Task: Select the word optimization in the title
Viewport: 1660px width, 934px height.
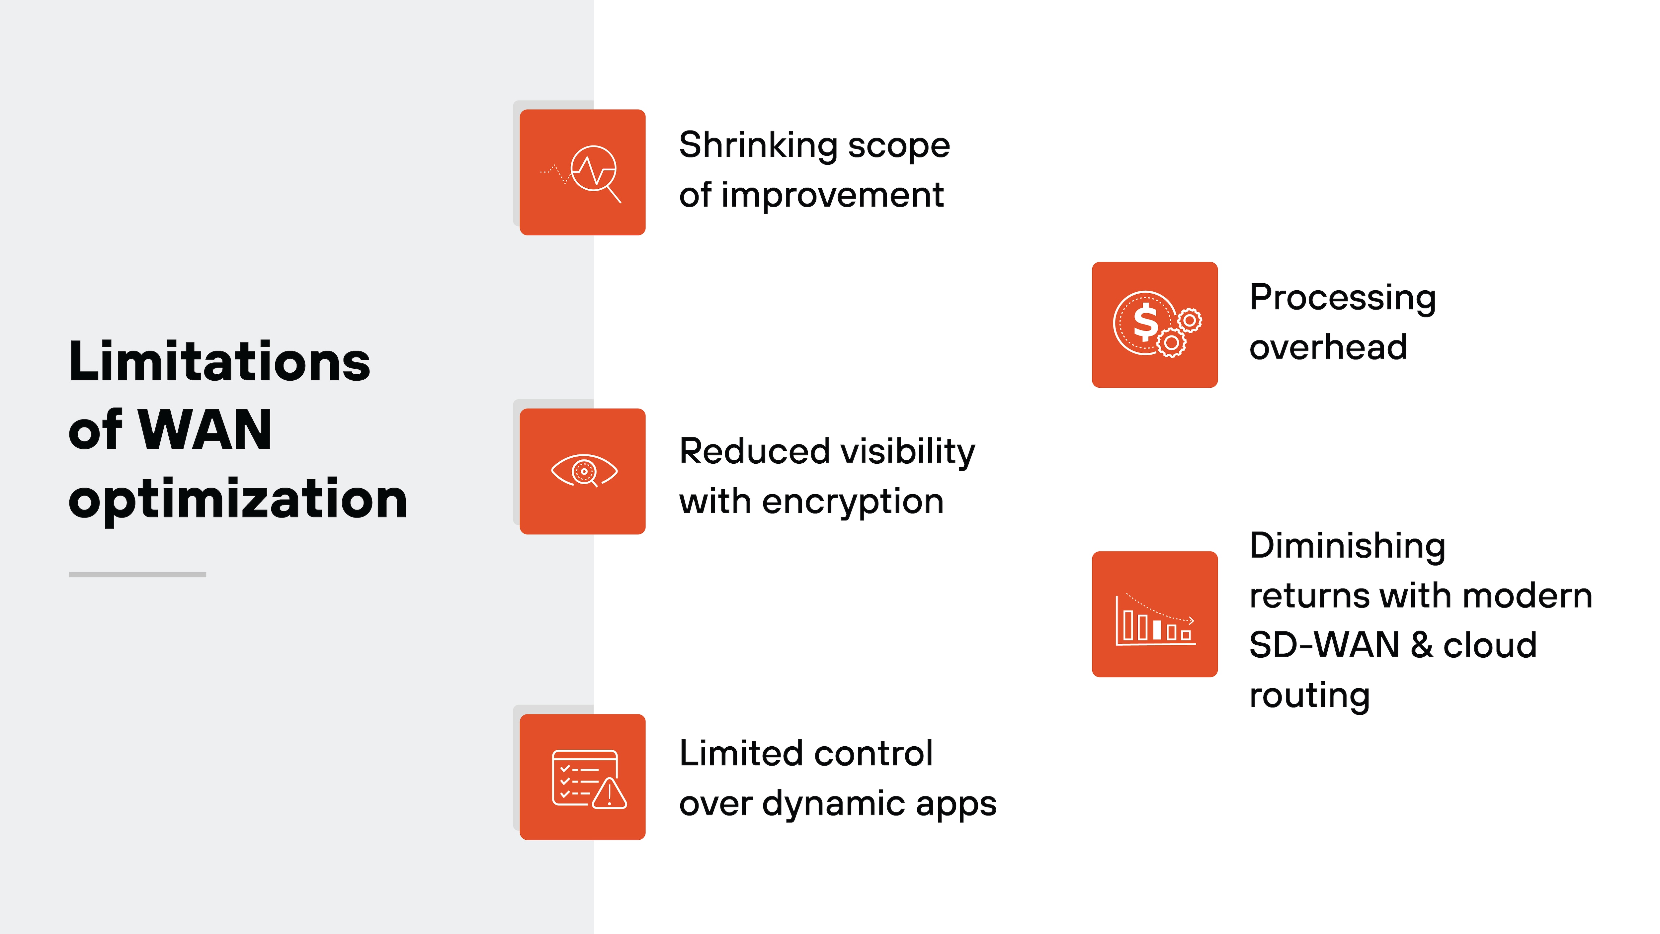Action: pyautogui.click(x=238, y=500)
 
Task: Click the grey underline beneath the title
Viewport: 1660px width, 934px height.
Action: pyautogui.click(x=137, y=574)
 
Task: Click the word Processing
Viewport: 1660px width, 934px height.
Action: pyautogui.click(x=1342, y=298)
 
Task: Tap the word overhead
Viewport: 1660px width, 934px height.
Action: pyautogui.click(x=1328, y=348)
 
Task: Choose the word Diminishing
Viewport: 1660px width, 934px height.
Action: pyautogui.click(x=1347, y=546)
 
